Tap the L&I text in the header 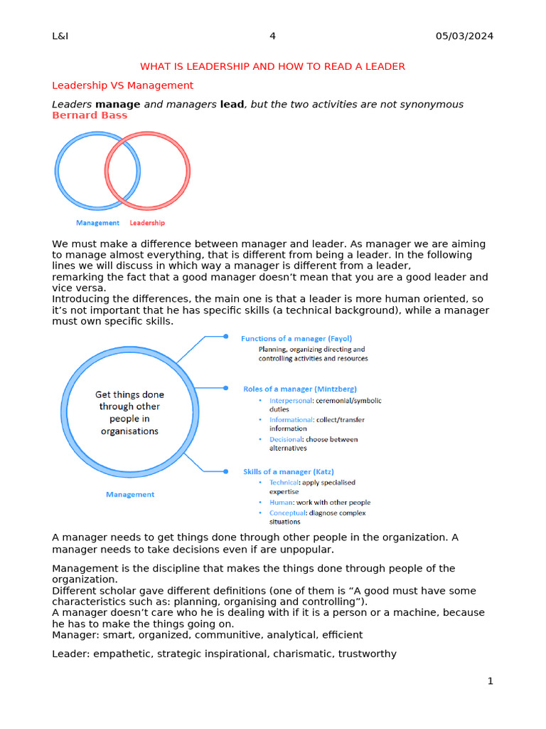tap(60, 36)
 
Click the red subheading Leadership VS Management tap(122, 85)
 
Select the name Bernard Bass tap(90, 115)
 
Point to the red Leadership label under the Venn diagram tap(147, 223)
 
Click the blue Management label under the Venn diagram tap(97, 223)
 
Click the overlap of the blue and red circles tap(122, 171)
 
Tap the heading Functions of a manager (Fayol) tap(296, 339)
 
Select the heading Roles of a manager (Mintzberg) tap(299, 389)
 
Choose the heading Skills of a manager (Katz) tap(288, 471)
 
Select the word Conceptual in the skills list tap(288, 513)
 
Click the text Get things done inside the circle tap(129, 394)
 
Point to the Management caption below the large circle tap(129, 494)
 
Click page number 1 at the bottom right tap(490, 681)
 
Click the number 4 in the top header tap(272, 36)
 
